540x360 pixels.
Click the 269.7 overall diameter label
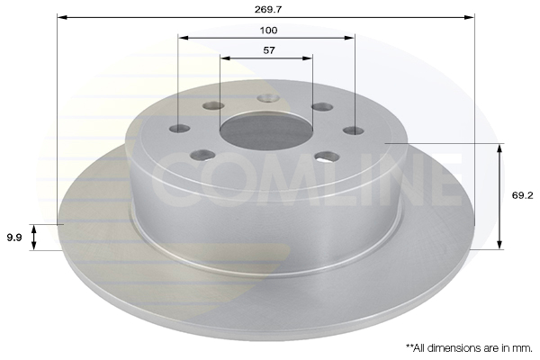[268, 9]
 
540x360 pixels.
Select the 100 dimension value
[268, 31]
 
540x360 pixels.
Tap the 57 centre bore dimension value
[268, 50]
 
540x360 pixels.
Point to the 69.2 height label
[522, 195]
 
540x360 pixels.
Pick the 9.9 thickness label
[14, 237]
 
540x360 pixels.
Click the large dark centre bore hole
[265, 130]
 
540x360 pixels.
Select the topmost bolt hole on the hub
[268, 98]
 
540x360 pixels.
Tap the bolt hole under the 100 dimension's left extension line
[180, 129]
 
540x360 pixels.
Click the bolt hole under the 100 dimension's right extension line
[354, 130]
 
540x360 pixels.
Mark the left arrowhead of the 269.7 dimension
[61, 17]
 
